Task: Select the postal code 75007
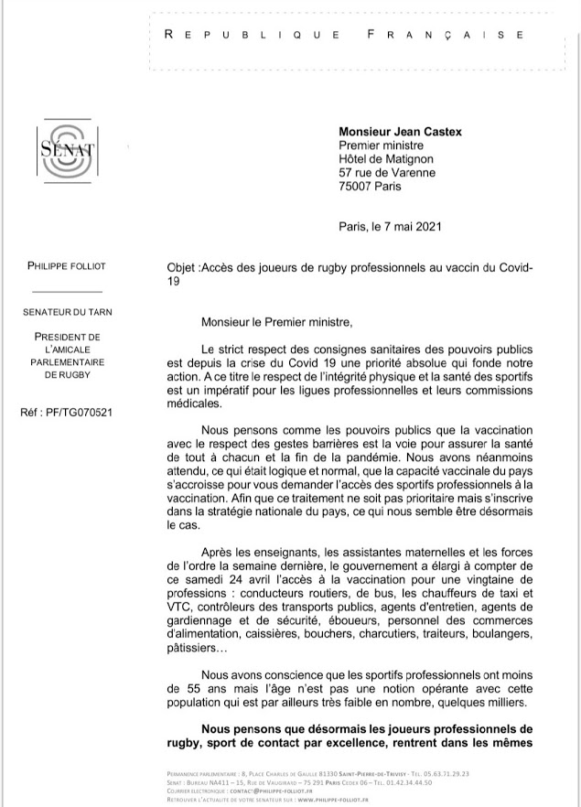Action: click(x=360, y=186)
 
